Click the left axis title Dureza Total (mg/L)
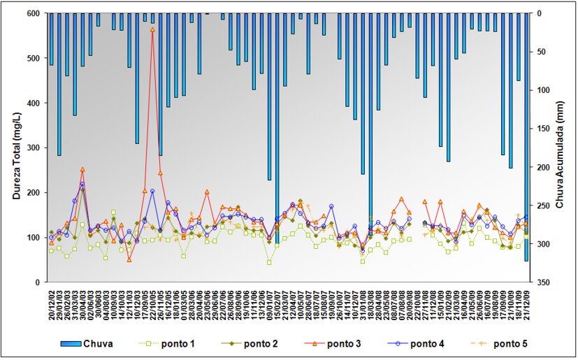[x=16, y=147]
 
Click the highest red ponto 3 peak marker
[x=152, y=29]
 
